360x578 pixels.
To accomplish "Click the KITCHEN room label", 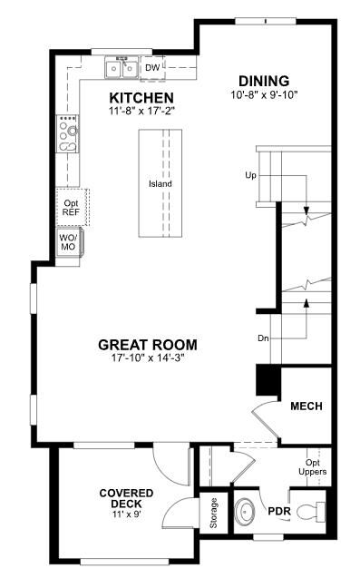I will (x=141, y=97).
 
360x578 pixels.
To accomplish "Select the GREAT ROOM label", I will (x=147, y=345).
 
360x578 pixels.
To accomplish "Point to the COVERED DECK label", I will (x=126, y=499).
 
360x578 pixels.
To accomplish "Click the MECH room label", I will (x=306, y=406).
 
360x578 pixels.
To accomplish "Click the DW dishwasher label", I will (x=152, y=67).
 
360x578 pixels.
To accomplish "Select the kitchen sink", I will (x=121, y=68).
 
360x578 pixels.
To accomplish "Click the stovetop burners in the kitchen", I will (x=67, y=133).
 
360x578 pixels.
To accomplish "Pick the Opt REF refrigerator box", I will (x=71, y=206).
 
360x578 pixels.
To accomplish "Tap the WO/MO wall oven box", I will (x=69, y=241).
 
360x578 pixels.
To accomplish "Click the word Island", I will (x=161, y=184).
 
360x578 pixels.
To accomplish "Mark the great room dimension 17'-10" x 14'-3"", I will (x=147, y=358).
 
